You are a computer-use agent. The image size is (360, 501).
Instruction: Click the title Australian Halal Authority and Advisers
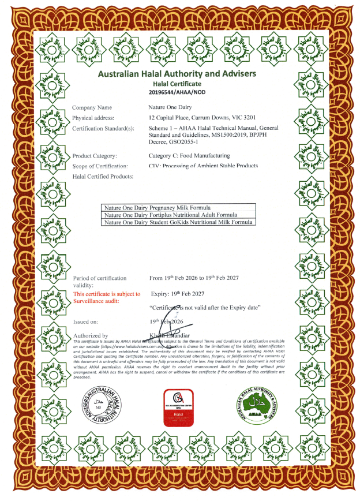[x=177, y=74]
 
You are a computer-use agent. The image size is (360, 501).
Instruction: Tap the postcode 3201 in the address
[x=250, y=118]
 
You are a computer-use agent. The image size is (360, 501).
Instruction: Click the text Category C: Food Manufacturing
[x=189, y=156]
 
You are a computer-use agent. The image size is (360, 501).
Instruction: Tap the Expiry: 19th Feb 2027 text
[x=185, y=294]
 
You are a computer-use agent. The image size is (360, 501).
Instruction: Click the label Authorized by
[x=90, y=335]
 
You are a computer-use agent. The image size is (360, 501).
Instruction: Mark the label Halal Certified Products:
[x=103, y=176]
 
